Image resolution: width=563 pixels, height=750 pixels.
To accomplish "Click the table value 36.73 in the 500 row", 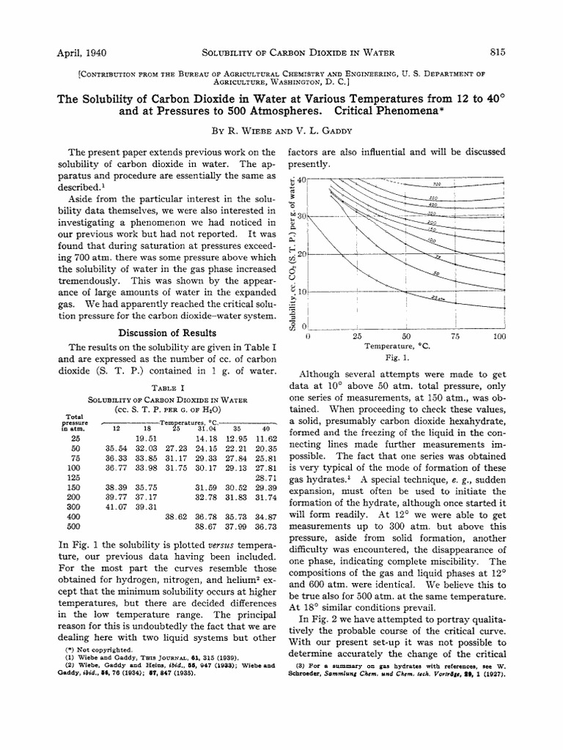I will tap(265, 526).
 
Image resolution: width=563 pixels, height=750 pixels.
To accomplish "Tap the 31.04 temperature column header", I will tap(207, 428).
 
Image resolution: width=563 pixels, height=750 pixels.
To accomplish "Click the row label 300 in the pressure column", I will tap(75, 506).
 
